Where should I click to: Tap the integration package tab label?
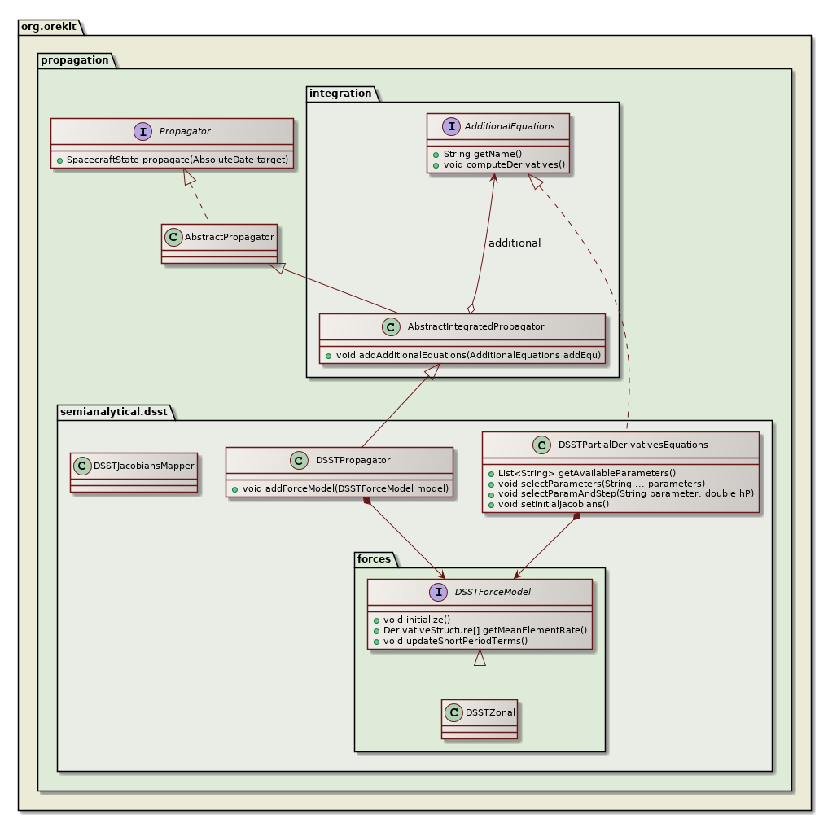click(x=340, y=94)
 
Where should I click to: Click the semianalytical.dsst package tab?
click(x=113, y=412)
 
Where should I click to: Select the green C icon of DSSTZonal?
click(x=454, y=712)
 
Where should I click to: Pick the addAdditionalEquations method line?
click(x=468, y=356)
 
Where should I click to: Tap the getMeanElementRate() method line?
click(x=484, y=629)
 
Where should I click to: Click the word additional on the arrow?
click(x=514, y=243)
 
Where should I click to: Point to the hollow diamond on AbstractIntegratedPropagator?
click(x=470, y=308)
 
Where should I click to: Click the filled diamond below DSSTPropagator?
click(x=367, y=500)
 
